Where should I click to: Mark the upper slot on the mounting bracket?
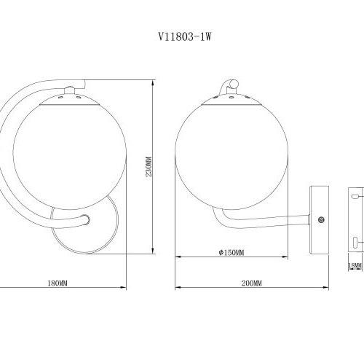[x=355, y=195]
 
